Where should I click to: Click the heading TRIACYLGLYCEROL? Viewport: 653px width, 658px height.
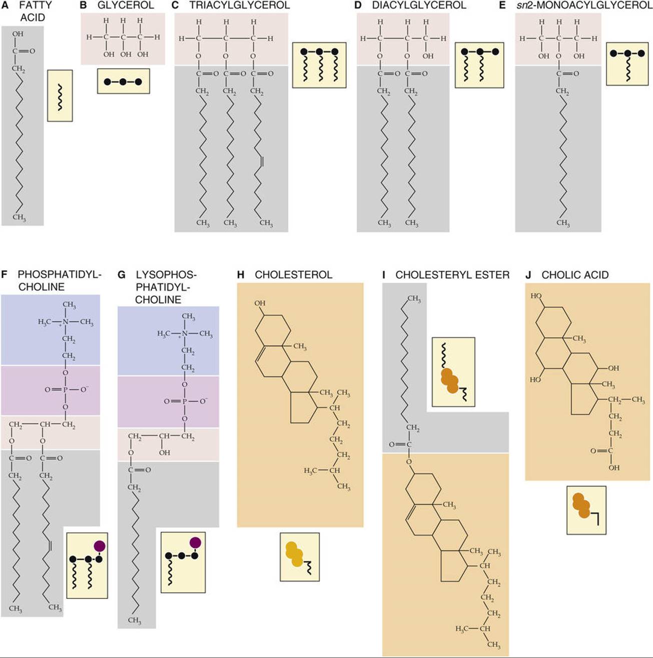[x=239, y=6]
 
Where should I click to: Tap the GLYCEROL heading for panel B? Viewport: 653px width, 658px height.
[x=126, y=6]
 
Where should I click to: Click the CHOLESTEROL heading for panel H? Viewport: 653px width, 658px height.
[x=293, y=275]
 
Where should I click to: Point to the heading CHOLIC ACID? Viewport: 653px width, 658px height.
[x=575, y=275]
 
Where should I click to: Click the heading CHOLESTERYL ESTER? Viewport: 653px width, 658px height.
[x=452, y=275]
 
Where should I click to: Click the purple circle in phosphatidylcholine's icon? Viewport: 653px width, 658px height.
[x=100, y=545]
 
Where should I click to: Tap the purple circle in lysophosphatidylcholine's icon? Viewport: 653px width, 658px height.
[x=195, y=542]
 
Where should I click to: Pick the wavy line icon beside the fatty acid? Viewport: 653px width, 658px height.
[x=60, y=96]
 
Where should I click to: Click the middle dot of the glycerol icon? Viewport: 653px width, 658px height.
[x=123, y=82]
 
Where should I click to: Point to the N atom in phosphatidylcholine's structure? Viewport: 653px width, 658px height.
[x=65, y=321]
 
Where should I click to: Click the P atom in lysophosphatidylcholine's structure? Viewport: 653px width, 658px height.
[x=185, y=401]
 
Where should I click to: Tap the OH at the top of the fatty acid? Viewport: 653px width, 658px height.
[x=18, y=34]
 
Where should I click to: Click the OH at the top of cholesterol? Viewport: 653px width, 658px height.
[x=260, y=303]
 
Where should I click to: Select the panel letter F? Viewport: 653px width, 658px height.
[x=4, y=275]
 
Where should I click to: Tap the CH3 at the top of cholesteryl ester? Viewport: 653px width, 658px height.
[x=414, y=299]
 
